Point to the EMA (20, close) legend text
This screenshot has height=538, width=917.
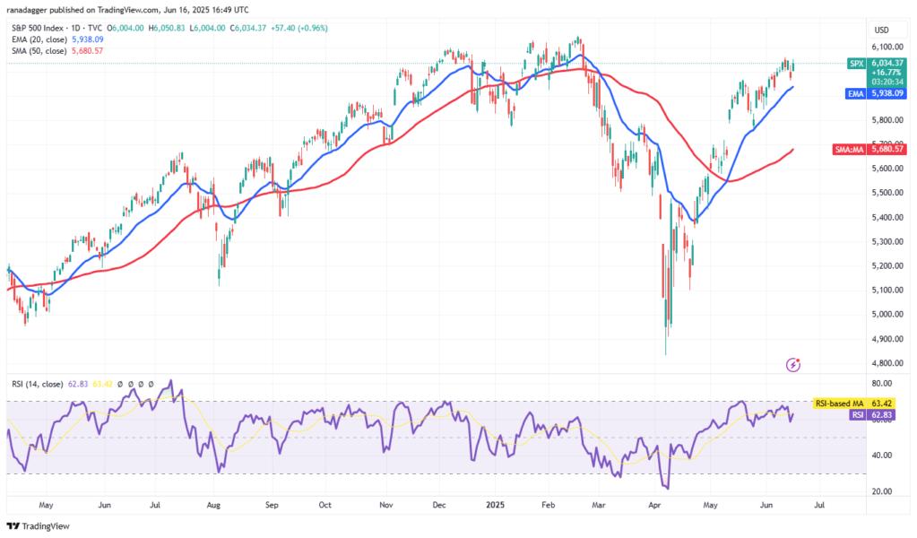[x=39, y=39]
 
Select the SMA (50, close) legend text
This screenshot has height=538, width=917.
[x=39, y=50]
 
